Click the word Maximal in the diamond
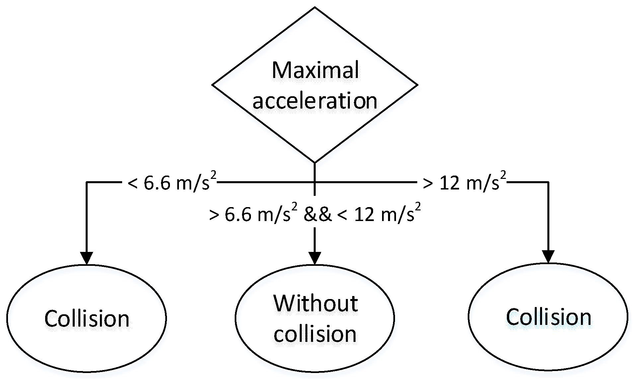(x=315, y=70)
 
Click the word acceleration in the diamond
(x=315, y=101)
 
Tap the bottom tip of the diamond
(x=315, y=162)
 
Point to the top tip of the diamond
(x=315, y=8)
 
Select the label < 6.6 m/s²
(x=172, y=182)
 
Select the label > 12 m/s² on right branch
(x=464, y=182)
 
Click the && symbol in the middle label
(x=318, y=214)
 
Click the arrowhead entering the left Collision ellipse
(x=87, y=258)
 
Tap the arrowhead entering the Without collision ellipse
(x=315, y=258)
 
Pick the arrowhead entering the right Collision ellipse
(x=548, y=257)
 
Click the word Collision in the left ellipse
(x=87, y=319)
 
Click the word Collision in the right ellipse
(x=548, y=317)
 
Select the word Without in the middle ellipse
(x=315, y=303)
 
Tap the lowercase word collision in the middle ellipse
(x=315, y=334)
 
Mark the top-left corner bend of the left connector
(x=87, y=182)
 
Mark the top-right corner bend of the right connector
(x=548, y=182)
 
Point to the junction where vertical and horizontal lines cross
(x=315, y=182)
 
